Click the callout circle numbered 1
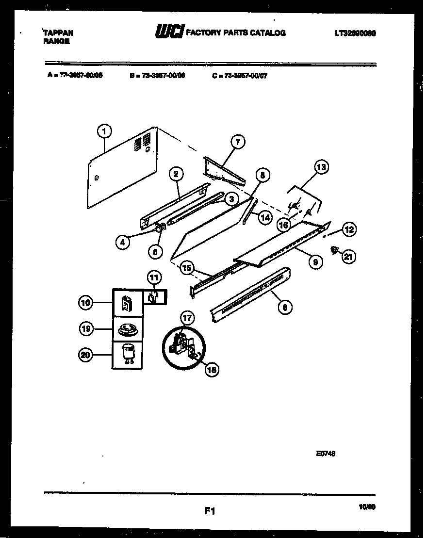coord(104,130)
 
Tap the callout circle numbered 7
coord(237,142)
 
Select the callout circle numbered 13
coord(321,168)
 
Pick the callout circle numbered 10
coord(85,303)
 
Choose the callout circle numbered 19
coord(85,329)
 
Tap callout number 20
coord(85,355)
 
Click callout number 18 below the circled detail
coord(212,370)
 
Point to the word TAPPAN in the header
coord(58,33)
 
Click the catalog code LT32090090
coord(355,33)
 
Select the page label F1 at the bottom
coord(210,510)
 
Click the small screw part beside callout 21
coord(334,250)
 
